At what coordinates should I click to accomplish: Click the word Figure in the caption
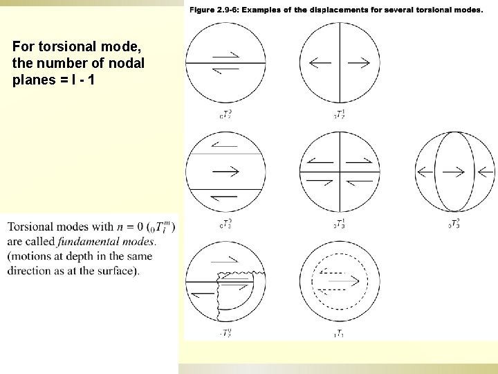(201, 10)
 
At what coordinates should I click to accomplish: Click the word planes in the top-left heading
(33, 78)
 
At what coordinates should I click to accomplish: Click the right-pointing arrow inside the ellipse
(454, 170)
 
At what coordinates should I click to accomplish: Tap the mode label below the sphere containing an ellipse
(454, 224)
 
